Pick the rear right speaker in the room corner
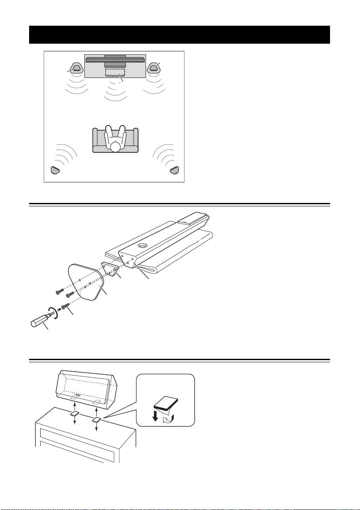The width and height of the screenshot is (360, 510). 174,170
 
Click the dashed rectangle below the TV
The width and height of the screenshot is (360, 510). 115,72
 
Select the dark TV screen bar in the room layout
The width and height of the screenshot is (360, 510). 115,60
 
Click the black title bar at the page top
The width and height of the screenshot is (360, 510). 180,35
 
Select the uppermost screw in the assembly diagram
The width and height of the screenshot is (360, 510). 60,292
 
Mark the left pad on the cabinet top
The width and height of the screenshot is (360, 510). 75,414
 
